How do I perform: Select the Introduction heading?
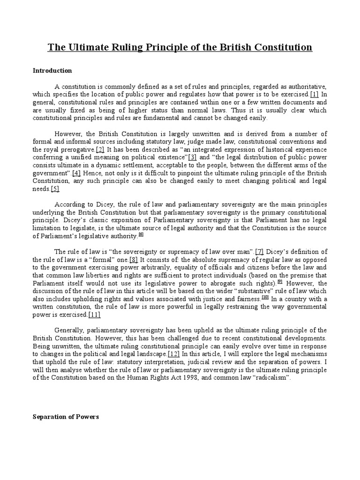(x=52, y=71)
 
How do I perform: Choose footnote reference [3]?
(x=192, y=157)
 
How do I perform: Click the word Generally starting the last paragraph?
(x=70, y=330)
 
